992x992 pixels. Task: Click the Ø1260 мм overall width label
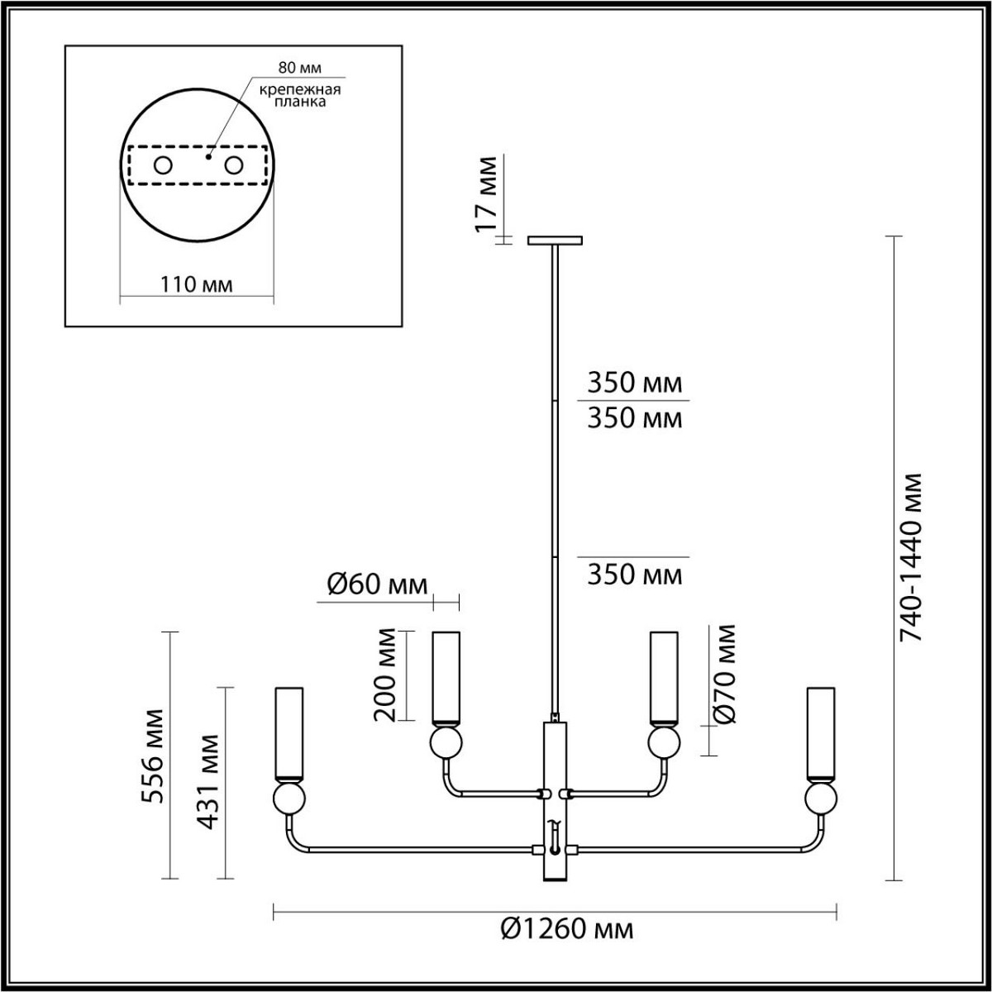567,929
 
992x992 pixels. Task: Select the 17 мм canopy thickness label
489,194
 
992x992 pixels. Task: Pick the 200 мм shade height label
387,675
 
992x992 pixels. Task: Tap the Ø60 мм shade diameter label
378,584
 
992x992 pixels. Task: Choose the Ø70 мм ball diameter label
724,675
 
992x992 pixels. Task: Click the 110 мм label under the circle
196,284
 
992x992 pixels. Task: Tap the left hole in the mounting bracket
163,165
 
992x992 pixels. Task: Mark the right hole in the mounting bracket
235,165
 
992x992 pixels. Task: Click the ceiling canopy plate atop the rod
555,241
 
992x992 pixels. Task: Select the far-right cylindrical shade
821,733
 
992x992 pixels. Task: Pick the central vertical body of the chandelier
556,802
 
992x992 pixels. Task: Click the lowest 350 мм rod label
635,574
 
